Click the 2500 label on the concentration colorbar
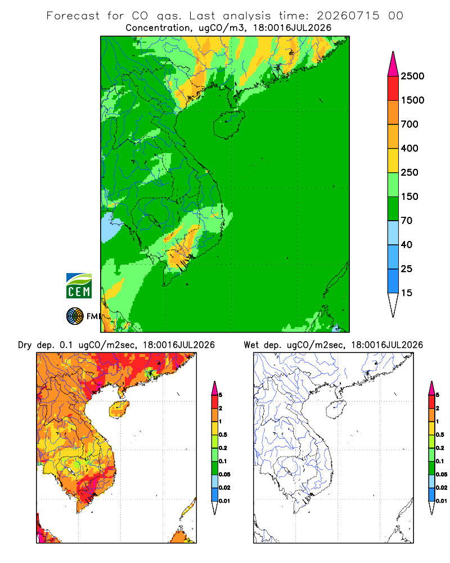(x=412, y=76)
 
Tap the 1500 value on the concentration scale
(x=412, y=100)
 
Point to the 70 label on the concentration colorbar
(x=406, y=221)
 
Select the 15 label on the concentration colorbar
(x=406, y=293)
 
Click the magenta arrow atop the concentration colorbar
(x=393, y=65)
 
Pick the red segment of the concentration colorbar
(x=393, y=88)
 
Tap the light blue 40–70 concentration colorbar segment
(x=393, y=233)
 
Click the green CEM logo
(x=79, y=286)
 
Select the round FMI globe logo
(x=75, y=316)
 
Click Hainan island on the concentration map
(x=229, y=124)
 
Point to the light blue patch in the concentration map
(x=109, y=227)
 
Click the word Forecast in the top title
(x=73, y=16)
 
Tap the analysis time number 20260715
(x=348, y=16)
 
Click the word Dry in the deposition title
(x=25, y=345)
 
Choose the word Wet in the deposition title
(x=251, y=345)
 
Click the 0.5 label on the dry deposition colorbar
(x=223, y=435)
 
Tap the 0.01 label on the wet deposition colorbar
(x=442, y=501)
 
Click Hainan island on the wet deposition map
(x=336, y=409)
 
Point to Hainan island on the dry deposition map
(x=119, y=409)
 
